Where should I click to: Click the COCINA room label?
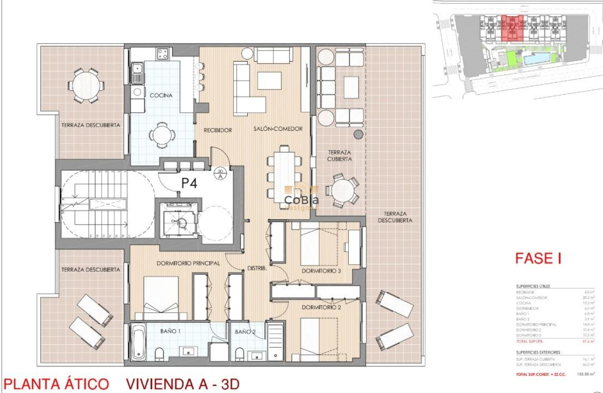(161, 95)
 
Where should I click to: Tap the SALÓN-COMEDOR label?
(278, 129)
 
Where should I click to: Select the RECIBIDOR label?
(218, 130)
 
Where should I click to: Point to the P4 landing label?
(189, 183)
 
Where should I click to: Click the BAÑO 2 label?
(245, 331)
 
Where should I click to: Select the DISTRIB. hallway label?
(257, 269)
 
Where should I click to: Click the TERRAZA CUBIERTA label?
(340, 156)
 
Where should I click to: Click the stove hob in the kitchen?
(163, 54)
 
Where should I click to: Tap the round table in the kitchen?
(163, 135)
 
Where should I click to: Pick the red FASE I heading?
(538, 258)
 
